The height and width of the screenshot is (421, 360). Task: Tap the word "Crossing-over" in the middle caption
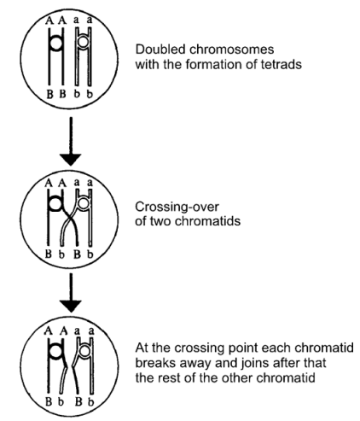[x=177, y=207]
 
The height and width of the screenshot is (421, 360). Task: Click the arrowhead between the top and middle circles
[x=71, y=159]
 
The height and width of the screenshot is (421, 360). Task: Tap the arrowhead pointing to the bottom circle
[x=71, y=306]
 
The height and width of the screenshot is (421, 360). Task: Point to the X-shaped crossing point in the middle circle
[x=69, y=220]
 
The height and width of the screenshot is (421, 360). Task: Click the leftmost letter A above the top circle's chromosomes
[x=49, y=21]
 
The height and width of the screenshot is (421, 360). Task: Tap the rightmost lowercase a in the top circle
[x=90, y=20]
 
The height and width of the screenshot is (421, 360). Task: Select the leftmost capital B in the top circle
[x=50, y=94]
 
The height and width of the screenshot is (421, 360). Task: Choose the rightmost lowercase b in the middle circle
[x=90, y=254]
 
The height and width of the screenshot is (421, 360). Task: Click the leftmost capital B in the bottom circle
[x=49, y=401]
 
